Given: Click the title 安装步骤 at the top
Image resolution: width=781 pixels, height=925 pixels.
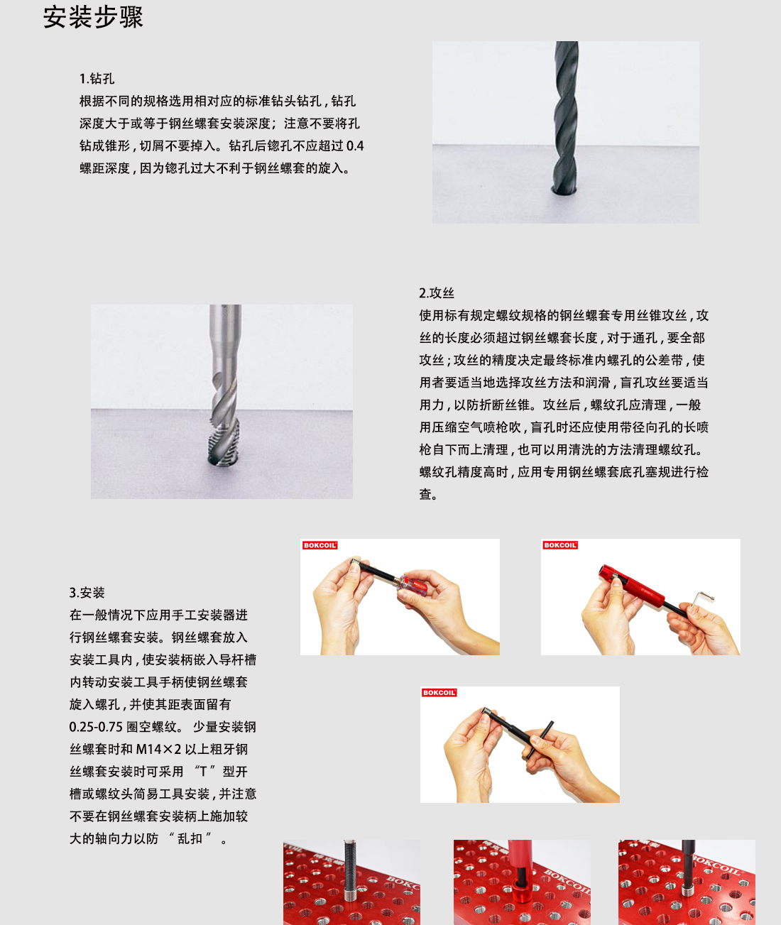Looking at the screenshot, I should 93,17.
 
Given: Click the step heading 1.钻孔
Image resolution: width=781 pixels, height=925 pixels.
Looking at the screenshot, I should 97,79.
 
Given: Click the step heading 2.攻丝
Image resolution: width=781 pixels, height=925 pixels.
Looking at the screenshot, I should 436,293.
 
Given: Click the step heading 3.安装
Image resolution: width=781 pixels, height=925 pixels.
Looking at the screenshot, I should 87,593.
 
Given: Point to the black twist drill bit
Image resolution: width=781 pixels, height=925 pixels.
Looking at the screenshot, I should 566,114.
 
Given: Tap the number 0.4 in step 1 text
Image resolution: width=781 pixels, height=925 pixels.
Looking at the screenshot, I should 355,146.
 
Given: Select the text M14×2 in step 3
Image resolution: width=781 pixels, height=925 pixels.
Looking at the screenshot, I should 159,750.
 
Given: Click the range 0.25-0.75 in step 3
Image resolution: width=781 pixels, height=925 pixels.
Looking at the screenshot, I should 96,727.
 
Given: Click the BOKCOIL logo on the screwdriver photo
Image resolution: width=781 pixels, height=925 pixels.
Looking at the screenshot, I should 319,545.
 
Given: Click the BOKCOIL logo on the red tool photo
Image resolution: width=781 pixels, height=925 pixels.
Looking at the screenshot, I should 560,545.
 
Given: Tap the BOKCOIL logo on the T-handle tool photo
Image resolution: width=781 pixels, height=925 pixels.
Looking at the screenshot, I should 439,693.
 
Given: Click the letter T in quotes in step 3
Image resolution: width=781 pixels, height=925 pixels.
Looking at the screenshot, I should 202,772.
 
